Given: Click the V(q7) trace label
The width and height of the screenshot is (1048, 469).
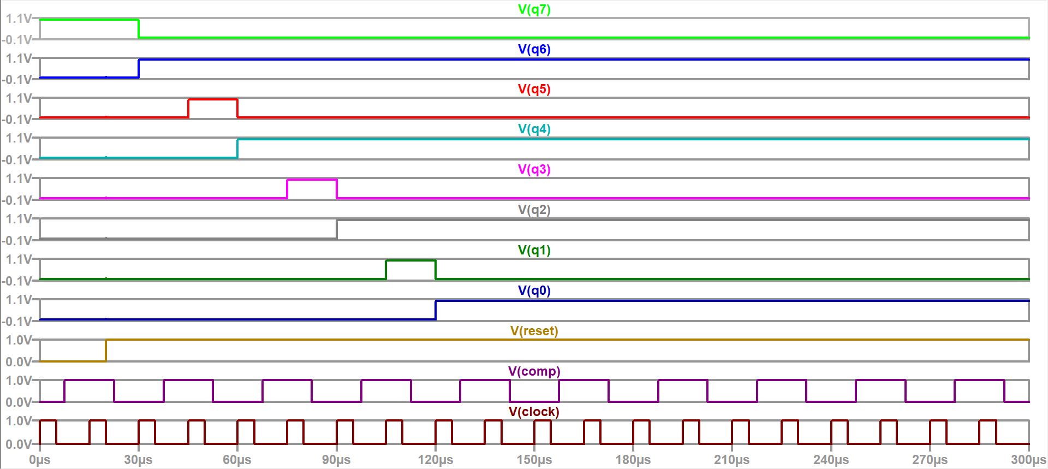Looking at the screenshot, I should pos(534,9).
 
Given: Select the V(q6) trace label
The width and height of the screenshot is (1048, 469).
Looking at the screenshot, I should pos(534,49).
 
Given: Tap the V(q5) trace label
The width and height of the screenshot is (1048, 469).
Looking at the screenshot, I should pos(534,89).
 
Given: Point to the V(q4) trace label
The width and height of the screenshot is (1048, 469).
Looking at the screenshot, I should pos(534,129).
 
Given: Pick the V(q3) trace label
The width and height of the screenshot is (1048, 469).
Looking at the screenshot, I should pos(534,169).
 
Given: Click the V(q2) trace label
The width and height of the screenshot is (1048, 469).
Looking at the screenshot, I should pos(534,210).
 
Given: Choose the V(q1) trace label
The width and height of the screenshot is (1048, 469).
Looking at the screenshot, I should pos(534,250).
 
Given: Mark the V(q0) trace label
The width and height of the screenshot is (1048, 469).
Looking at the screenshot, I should pos(534,290).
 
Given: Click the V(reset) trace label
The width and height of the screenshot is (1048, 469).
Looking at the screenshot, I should pos(534,331).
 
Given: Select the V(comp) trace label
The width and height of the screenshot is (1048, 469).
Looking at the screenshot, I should pos(534,371).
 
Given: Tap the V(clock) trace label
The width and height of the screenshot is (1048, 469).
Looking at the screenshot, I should pos(534,412).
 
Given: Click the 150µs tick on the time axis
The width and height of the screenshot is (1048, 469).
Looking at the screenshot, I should pos(534,460).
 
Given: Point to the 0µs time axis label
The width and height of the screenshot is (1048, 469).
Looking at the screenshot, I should pos(40,460).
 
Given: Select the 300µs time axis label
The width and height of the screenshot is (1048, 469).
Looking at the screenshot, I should pos(1028,460).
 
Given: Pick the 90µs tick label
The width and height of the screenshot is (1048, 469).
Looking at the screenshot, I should pos(336,460).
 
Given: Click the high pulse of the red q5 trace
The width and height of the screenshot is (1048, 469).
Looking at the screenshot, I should pos(213,99).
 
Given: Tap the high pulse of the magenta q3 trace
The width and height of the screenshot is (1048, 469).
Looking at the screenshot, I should pos(312,180).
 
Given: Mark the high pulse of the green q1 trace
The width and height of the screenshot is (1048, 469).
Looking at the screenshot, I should pos(410,260).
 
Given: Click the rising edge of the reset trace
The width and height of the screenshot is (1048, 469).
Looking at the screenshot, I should pos(106,350).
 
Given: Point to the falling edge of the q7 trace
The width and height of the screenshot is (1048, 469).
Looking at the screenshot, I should pos(139,28).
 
